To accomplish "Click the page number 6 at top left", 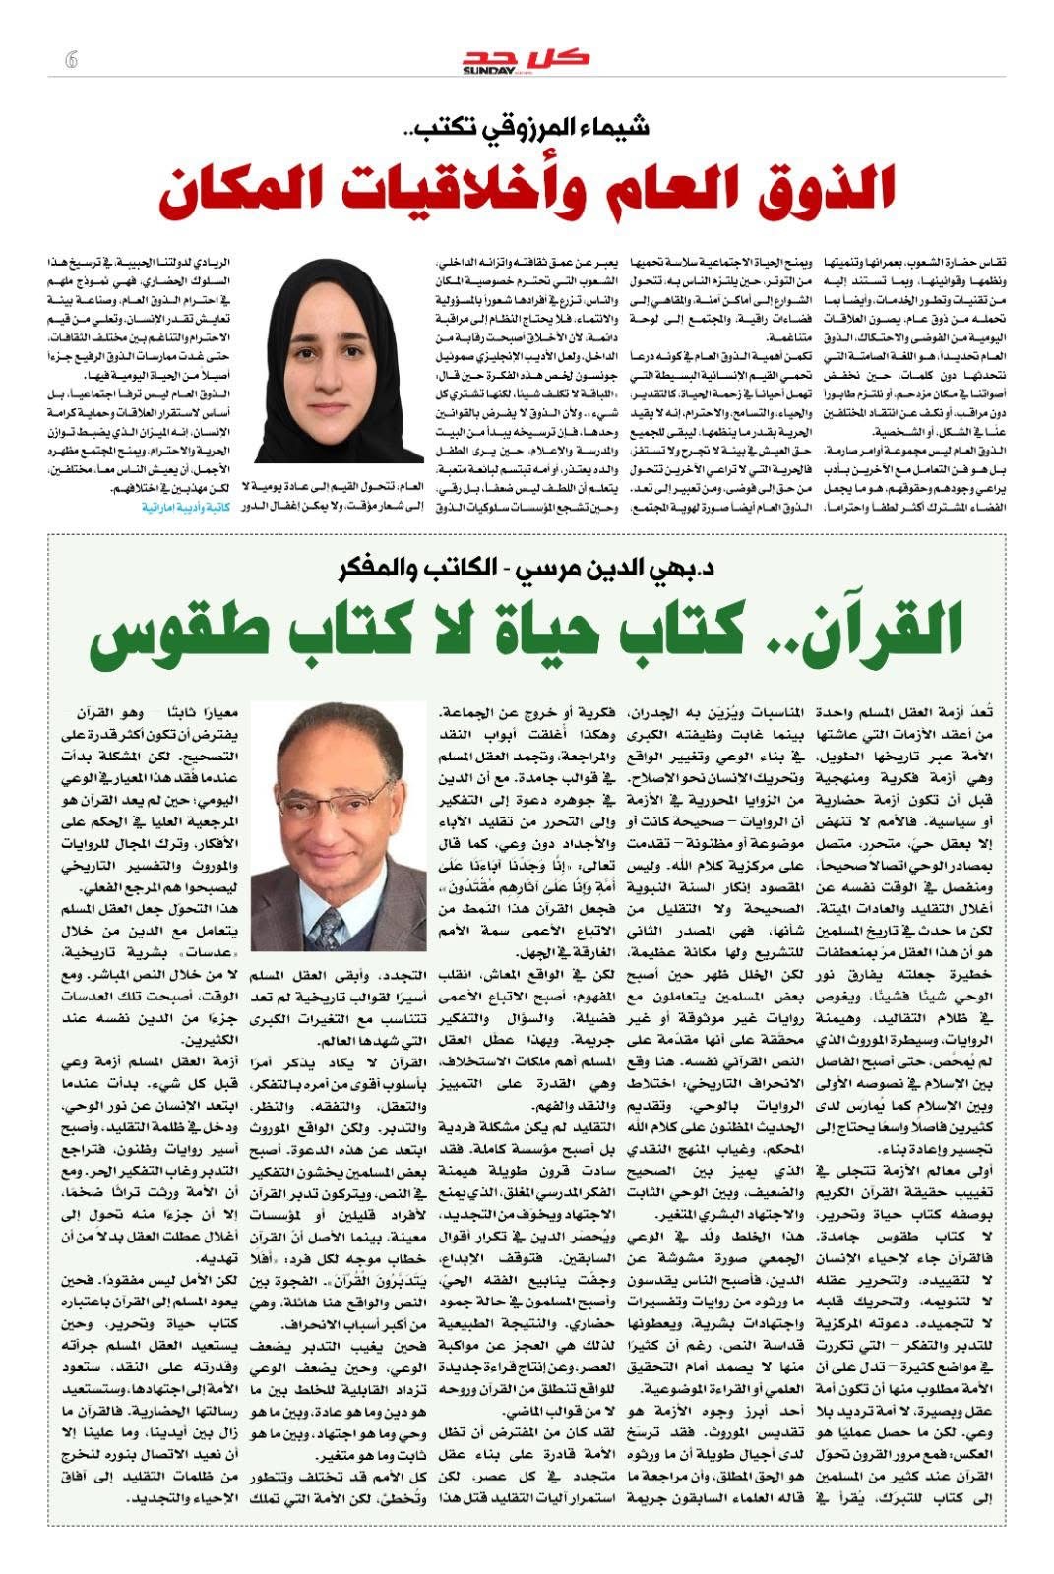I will click(x=70, y=59).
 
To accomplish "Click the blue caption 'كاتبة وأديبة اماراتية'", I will click(x=185, y=507).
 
